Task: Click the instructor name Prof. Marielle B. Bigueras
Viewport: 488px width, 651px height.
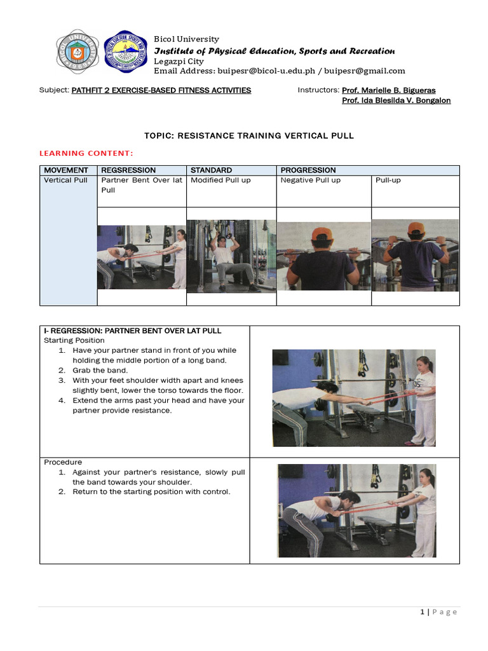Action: [x=388, y=90]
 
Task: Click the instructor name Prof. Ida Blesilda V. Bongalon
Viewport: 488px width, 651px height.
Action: [x=396, y=100]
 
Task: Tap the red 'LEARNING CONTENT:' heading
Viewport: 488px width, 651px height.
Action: [x=86, y=153]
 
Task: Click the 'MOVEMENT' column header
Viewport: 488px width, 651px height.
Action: [x=66, y=170]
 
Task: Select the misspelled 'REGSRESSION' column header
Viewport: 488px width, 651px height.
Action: [x=128, y=170]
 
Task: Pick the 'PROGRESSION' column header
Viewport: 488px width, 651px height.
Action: [x=308, y=170]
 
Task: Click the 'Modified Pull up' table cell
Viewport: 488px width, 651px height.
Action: [x=220, y=181]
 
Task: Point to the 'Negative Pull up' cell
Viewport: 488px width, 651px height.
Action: [x=310, y=181]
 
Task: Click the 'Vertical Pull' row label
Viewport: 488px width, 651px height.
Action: [x=65, y=181]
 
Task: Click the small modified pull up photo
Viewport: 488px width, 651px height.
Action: [x=231, y=256]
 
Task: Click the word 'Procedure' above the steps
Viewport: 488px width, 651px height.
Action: [x=63, y=462]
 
